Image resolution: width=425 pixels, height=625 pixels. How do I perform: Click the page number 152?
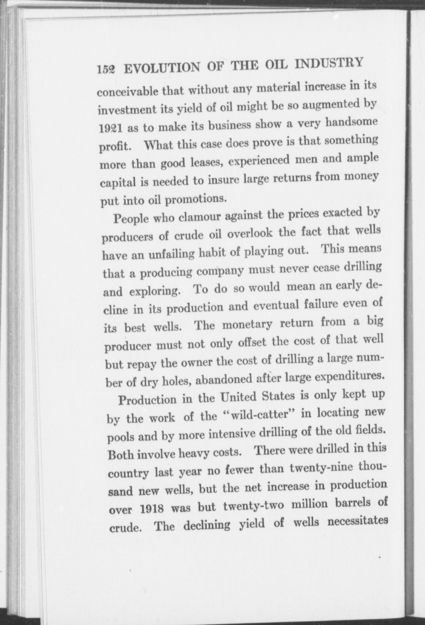click(x=106, y=69)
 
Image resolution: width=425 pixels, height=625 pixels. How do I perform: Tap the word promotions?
click(x=195, y=199)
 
